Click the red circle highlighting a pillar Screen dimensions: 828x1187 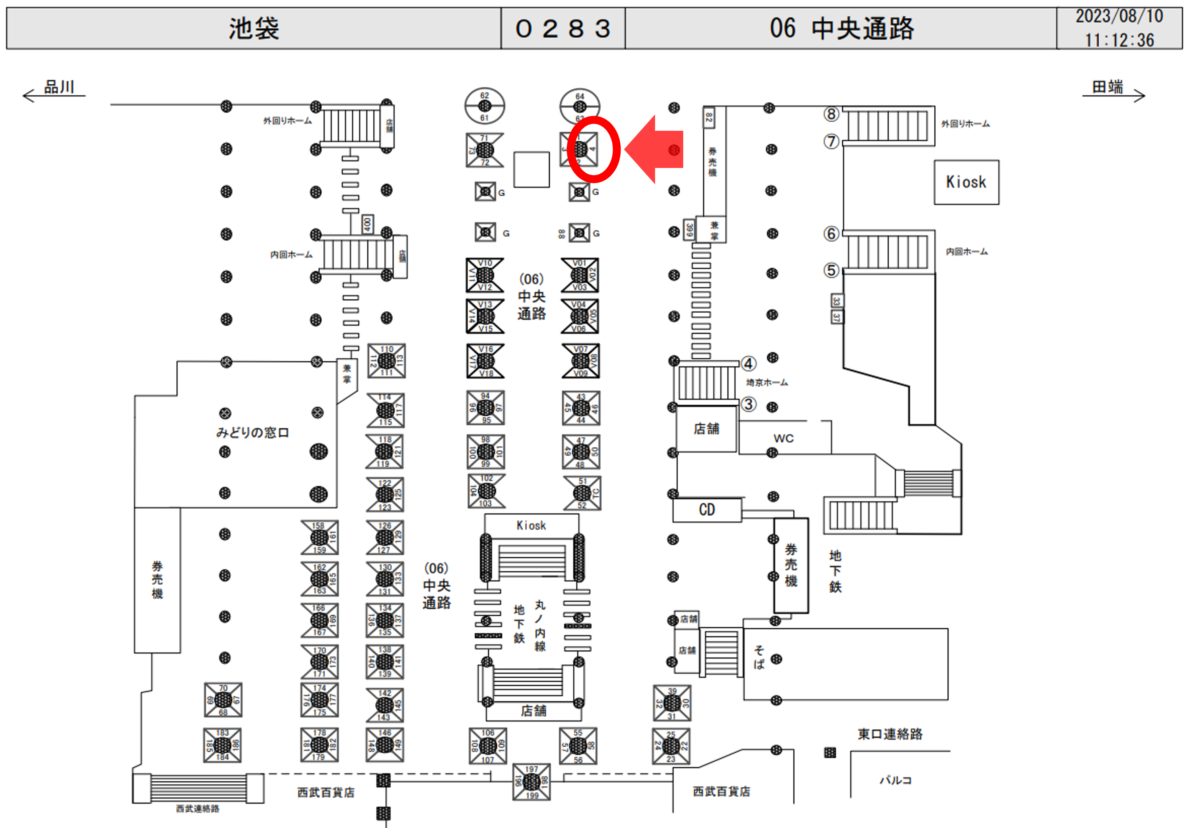tap(593, 149)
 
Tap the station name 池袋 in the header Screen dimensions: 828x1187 tap(254, 28)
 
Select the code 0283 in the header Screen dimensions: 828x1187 tap(563, 28)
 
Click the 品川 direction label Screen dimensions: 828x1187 tap(59, 87)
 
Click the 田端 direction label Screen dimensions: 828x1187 tap(1107, 87)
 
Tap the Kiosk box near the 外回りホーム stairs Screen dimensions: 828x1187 tap(966, 182)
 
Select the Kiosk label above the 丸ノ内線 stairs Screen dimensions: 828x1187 tap(531, 525)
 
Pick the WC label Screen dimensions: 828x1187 tap(783, 439)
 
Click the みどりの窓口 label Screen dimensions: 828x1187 tap(252, 432)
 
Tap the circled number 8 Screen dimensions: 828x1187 tap(831, 114)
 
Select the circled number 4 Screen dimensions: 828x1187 tap(748, 364)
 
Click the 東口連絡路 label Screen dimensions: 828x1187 tap(890, 734)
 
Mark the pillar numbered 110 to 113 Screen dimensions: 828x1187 tap(386, 360)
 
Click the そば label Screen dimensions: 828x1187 tap(758, 657)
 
